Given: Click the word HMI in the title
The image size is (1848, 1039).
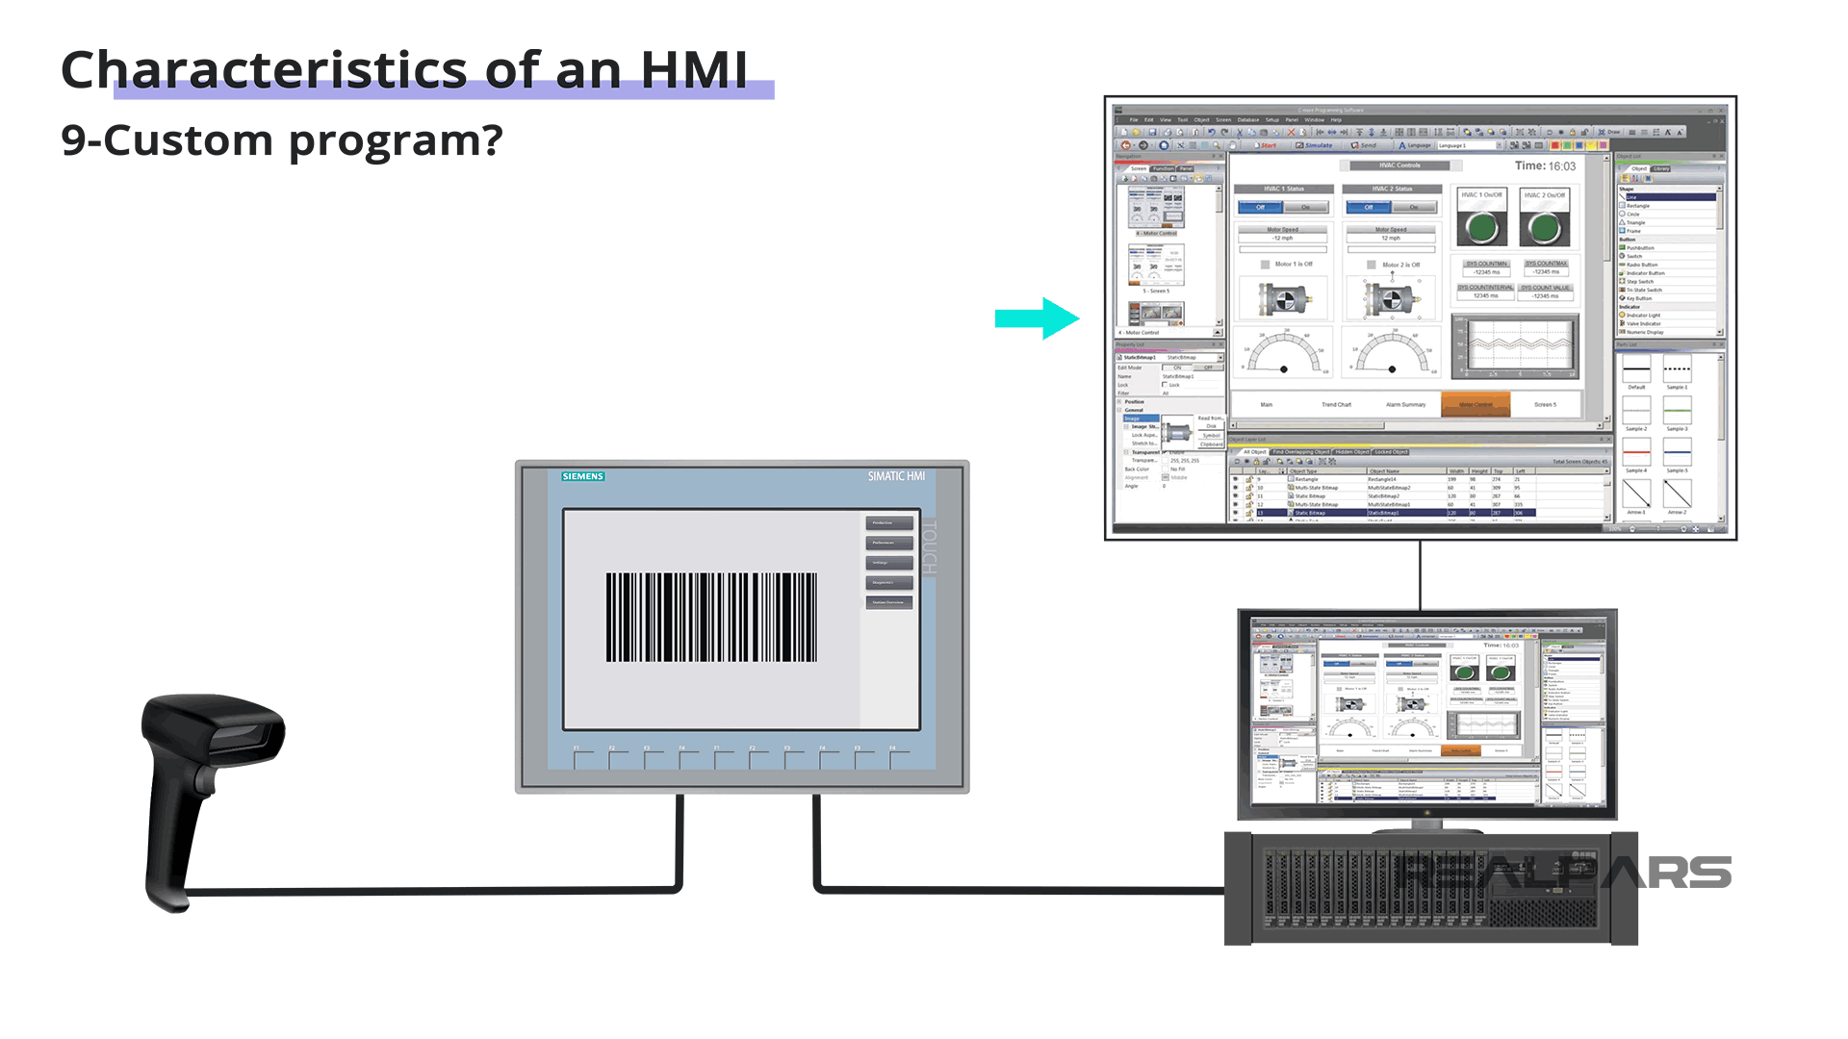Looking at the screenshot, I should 693,70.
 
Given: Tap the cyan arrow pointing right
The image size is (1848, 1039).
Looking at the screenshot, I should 1037,318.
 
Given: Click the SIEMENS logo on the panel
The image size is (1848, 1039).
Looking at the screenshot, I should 582,476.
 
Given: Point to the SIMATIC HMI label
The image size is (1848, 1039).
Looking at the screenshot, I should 895,476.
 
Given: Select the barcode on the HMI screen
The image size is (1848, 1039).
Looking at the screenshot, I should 711,617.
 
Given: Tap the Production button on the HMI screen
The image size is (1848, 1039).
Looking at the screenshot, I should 888,522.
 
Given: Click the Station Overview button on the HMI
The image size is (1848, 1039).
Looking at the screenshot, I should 888,602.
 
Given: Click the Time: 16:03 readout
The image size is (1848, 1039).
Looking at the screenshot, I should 1545,166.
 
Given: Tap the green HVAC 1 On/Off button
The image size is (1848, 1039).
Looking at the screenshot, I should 1482,228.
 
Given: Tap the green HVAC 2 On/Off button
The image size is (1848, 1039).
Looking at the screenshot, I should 1545,228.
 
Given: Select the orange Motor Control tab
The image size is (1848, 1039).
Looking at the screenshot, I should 1475,405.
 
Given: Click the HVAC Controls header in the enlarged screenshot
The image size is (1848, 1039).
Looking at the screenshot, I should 1399,165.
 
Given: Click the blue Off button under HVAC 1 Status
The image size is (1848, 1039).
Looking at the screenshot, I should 1260,208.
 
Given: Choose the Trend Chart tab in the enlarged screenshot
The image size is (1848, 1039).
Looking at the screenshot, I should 1336,405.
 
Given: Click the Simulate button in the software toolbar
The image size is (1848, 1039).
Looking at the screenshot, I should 1314,145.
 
